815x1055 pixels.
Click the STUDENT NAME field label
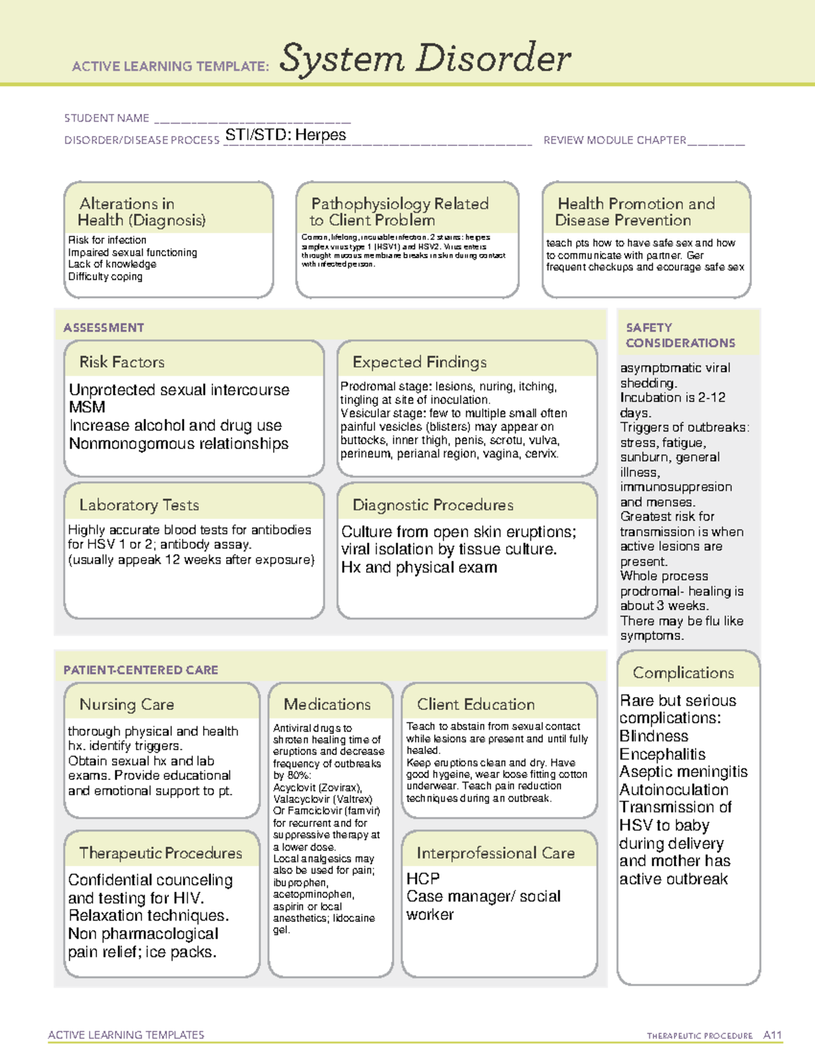(107, 118)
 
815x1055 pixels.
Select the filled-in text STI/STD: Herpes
(285, 135)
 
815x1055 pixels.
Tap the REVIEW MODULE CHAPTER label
(615, 141)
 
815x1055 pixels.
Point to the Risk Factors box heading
(122, 362)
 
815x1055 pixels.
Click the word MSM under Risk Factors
(87, 408)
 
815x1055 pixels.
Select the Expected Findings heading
(419, 362)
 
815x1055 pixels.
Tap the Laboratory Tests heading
(139, 505)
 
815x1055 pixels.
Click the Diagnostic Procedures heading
(433, 505)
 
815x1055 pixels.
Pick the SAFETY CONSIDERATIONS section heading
(680, 336)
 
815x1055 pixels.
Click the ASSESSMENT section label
(104, 327)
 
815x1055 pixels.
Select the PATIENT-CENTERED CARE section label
(141, 670)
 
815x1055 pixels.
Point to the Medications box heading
(327, 704)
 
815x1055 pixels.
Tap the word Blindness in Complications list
(653, 736)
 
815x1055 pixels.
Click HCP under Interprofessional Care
(422, 878)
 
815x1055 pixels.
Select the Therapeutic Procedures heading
(160, 853)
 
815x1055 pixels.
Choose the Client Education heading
(475, 704)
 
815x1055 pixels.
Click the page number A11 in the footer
(772, 1035)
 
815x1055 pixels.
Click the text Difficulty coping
(105, 276)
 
